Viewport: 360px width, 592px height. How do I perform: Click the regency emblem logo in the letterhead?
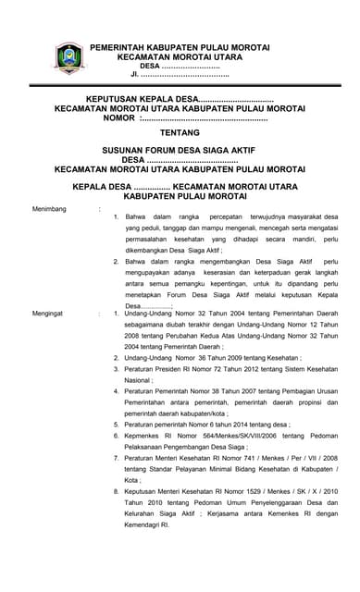tap(69, 58)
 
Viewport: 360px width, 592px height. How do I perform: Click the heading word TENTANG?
tap(180, 132)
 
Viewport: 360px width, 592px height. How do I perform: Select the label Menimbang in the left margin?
tap(50, 209)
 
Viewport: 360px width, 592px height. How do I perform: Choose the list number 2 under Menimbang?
tap(115, 262)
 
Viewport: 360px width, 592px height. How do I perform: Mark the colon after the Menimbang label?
tap(100, 209)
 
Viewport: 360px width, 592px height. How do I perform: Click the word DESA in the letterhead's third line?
tap(150, 66)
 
